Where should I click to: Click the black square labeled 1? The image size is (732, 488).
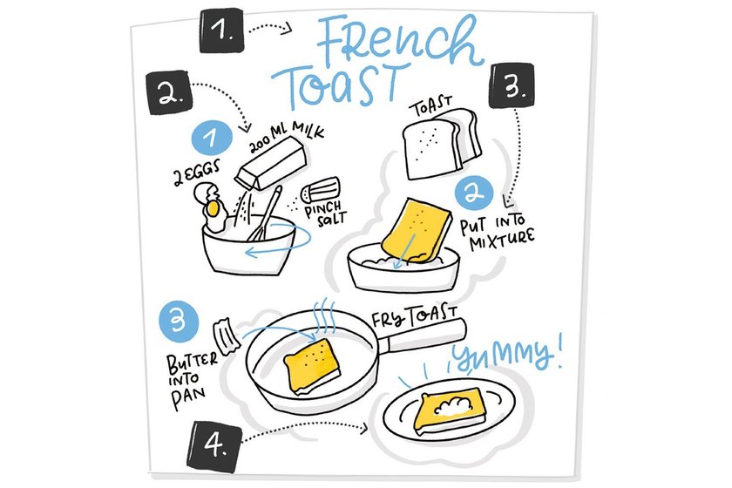pos(221,30)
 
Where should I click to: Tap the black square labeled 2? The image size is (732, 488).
pos(169,92)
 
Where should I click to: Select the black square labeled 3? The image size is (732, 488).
pos(512,85)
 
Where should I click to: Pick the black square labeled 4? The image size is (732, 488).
pos(214,445)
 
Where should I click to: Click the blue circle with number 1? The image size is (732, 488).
pos(212,138)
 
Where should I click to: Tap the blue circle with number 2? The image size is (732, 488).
pos(473,193)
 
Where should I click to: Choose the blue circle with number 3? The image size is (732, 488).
pos(179,322)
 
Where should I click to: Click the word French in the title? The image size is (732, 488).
pos(399,42)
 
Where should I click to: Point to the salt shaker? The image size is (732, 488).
pos(321,190)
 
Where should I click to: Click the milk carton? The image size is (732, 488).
pos(271,164)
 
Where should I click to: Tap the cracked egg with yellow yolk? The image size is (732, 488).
pos(212,207)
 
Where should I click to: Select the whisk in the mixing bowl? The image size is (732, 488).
pos(264,213)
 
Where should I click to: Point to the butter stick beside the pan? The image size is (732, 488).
pos(227,336)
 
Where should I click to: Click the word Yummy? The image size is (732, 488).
pos(506,353)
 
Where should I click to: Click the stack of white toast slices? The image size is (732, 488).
pos(441,144)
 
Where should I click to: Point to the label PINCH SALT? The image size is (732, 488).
pos(326,213)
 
